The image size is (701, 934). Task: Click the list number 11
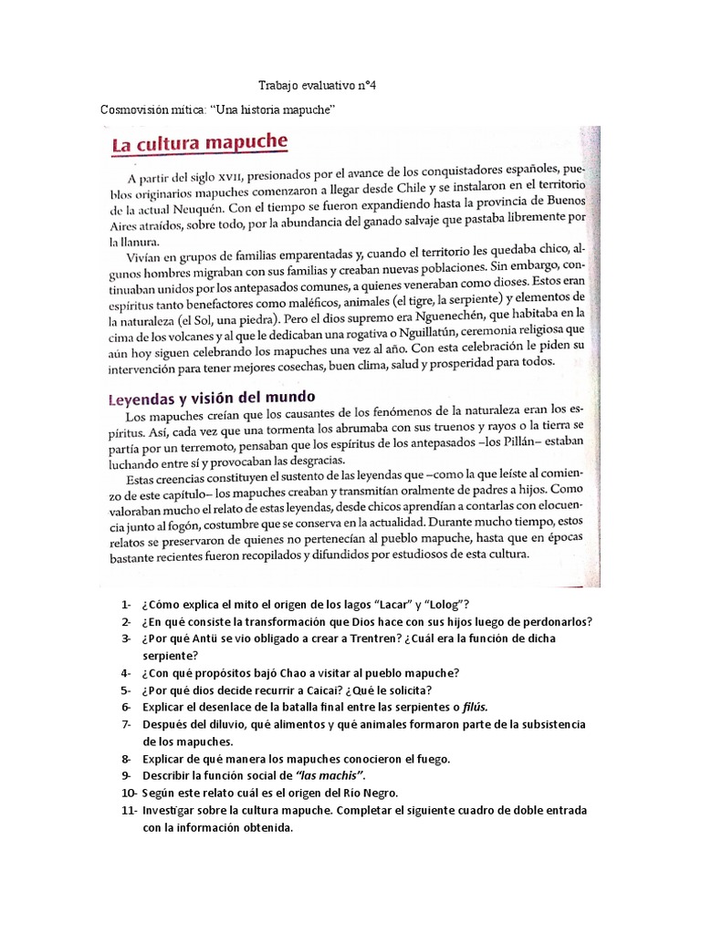tap(126, 809)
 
